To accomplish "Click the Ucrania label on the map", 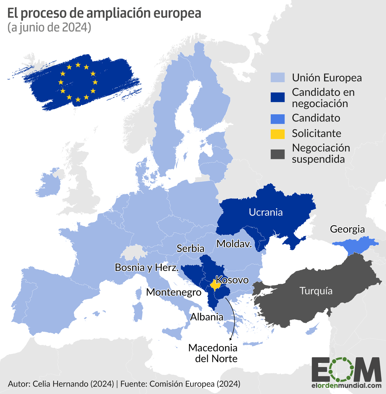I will (266, 212).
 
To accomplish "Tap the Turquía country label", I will (316, 291).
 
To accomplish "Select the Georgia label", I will (347, 229).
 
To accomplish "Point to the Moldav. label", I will (234, 244).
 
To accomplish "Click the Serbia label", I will (190, 248).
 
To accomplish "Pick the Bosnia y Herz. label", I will (147, 267).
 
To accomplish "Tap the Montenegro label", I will (174, 292).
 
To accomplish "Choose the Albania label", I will (207, 317).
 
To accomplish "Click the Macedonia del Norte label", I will (213, 353).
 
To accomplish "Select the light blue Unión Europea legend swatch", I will (278, 78).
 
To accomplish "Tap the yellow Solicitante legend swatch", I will (278, 134).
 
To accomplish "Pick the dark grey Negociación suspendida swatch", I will (278, 154).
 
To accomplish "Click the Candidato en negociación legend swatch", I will (278, 97).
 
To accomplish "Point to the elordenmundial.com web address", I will (347, 386).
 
